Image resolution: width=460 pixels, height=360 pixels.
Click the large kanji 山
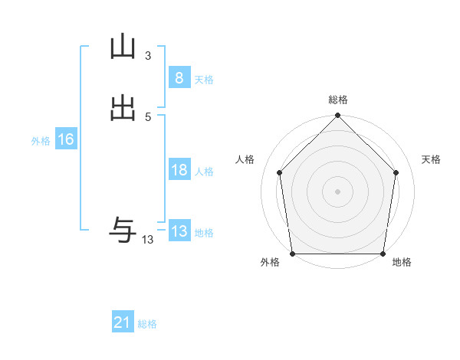123,48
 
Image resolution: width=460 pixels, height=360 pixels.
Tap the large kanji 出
123,109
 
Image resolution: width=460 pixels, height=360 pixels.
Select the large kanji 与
123,229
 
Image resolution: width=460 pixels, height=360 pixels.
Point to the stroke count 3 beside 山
147,56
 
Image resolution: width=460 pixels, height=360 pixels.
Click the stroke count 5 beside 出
147,116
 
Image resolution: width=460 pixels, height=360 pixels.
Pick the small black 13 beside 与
147,240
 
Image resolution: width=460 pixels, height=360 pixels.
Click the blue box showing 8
179,77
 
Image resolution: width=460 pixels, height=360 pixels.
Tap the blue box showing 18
179,170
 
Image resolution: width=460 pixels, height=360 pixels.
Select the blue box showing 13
179,231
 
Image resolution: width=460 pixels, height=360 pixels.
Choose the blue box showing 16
66,139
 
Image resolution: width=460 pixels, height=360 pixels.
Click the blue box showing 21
123,323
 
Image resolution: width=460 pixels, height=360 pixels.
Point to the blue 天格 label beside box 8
204,80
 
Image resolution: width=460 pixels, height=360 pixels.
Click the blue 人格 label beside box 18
204,172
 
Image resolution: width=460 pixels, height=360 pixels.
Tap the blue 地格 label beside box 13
204,234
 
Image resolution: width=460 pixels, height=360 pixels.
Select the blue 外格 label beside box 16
41,142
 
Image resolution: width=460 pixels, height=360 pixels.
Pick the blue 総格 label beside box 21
147,325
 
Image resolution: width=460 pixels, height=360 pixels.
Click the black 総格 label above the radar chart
338,100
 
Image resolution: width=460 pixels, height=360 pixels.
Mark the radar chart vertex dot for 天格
396,172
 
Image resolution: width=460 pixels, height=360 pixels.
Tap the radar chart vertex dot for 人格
279,172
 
